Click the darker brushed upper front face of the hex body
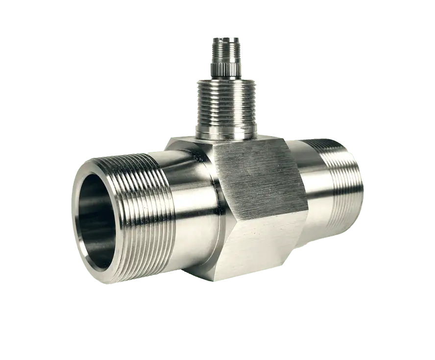click(x=255, y=176)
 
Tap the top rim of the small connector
click(x=226, y=38)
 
